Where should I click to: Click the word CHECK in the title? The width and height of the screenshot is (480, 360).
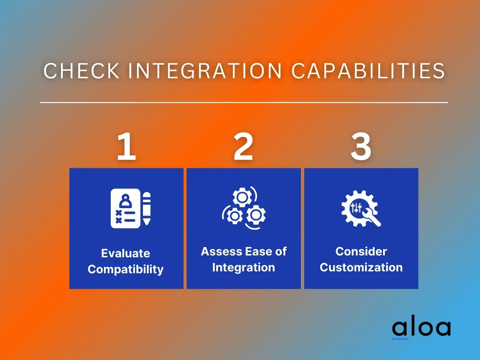tap(82, 71)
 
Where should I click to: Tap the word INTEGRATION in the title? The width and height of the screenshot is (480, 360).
tap(205, 71)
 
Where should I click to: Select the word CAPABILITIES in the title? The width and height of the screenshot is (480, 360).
tap(367, 71)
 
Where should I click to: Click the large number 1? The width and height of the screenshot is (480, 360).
tap(127, 146)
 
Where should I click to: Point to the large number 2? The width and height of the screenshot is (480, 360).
tap(243, 146)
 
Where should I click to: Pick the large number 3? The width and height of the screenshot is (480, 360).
tap(361, 146)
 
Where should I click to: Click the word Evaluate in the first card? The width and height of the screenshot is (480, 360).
tap(126, 253)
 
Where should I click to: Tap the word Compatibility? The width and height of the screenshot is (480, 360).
tap(126, 270)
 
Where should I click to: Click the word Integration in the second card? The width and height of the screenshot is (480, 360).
tap(243, 268)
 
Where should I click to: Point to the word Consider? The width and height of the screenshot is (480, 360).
tap(361, 251)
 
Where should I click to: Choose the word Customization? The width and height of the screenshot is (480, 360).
tap(361, 267)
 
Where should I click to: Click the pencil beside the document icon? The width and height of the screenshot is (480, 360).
tap(147, 208)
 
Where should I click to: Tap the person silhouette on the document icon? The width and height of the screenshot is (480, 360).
tap(125, 201)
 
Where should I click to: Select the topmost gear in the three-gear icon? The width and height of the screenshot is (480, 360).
tap(242, 197)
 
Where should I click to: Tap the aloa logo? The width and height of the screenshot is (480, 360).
tap(421, 329)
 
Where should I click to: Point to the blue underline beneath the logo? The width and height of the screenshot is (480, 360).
tap(400, 338)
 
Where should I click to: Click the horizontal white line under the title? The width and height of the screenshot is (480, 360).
tap(244, 102)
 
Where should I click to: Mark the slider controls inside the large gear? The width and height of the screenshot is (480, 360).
tap(356, 208)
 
